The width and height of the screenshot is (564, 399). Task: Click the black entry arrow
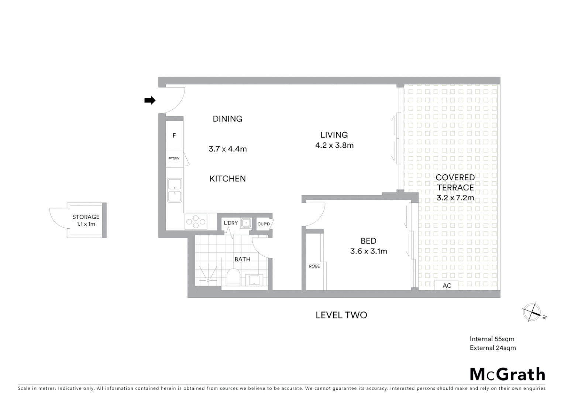pyautogui.click(x=149, y=100)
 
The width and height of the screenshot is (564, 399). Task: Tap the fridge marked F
pyautogui.click(x=174, y=136)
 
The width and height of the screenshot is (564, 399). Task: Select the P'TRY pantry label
pyautogui.click(x=174, y=158)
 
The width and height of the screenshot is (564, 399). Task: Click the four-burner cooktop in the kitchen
pyautogui.click(x=196, y=222)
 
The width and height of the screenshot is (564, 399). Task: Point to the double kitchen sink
pyautogui.click(x=175, y=190)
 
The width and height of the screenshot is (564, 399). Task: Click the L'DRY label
pyautogui.click(x=231, y=223)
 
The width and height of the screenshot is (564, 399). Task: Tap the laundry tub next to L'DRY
pyautogui.click(x=246, y=223)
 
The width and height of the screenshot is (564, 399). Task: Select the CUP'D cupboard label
pyautogui.click(x=264, y=224)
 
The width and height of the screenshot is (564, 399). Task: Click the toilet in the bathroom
pyautogui.click(x=233, y=277)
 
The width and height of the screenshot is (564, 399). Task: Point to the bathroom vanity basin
pyautogui.click(x=254, y=280)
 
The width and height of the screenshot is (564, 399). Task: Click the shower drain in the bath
pyautogui.click(x=208, y=280)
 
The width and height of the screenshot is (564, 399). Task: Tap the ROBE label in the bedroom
pyautogui.click(x=314, y=266)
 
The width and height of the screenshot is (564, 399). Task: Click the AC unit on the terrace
pyautogui.click(x=447, y=286)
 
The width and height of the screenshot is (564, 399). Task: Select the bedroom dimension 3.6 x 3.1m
pyautogui.click(x=368, y=251)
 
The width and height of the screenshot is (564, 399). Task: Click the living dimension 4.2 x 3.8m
pyautogui.click(x=334, y=145)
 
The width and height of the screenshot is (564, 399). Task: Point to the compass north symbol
pyautogui.click(x=532, y=313)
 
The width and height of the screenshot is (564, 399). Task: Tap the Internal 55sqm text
pyautogui.click(x=492, y=339)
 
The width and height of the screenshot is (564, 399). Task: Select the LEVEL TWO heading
pyautogui.click(x=341, y=315)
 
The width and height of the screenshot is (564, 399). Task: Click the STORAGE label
pyautogui.click(x=86, y=217)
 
